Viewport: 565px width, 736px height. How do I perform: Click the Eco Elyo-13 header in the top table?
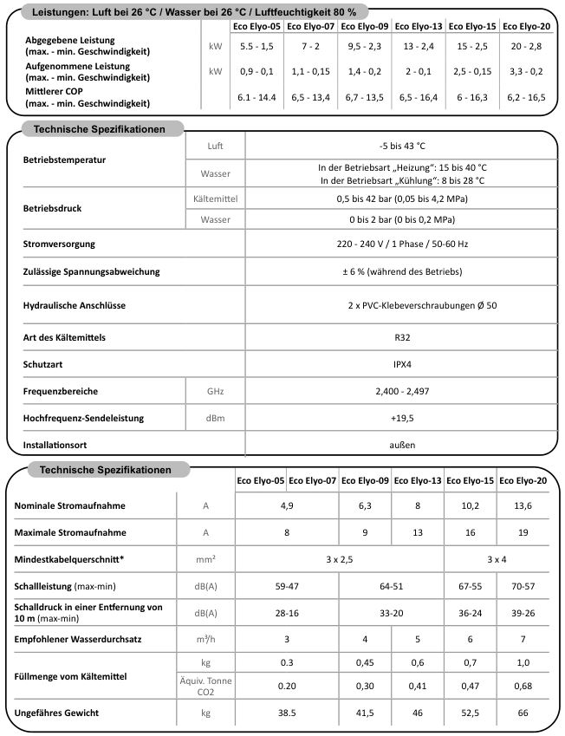[419, 27]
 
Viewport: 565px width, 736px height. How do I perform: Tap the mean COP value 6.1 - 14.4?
[257, 97]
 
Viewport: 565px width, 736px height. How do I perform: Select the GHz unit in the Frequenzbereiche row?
[215, 391]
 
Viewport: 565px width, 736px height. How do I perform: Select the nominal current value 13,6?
[523, 505]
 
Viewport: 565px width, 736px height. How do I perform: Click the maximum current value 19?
[523, 532]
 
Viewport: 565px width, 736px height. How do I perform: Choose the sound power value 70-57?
[523, 586]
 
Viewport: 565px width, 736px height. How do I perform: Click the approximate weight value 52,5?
[471, 713]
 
